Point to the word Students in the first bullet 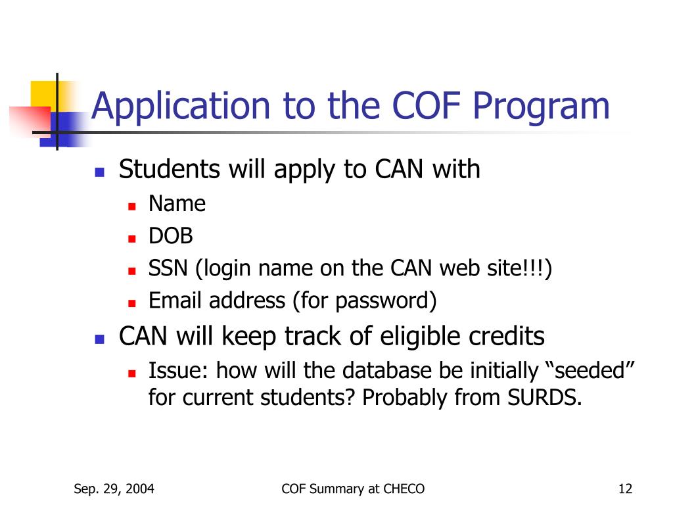tap(170, 170)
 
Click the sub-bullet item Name tap(177, 204)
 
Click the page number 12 tap(625, 489)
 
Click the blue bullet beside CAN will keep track tap(100, 339)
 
